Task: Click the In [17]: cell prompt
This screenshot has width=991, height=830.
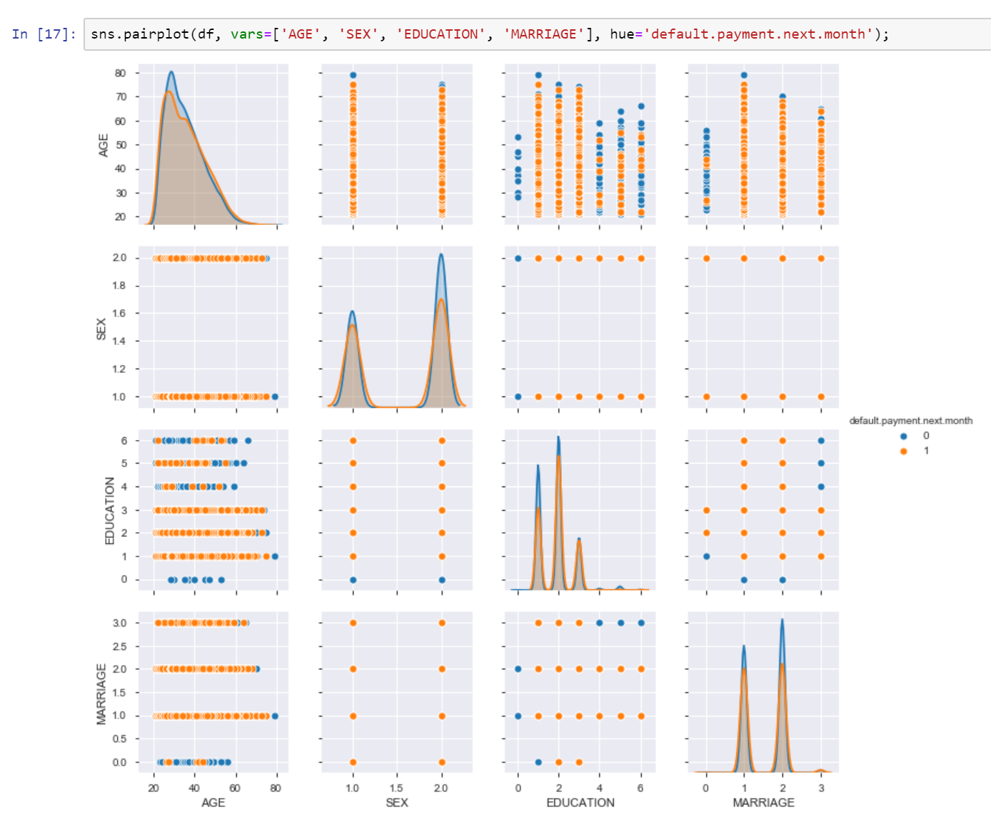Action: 44,34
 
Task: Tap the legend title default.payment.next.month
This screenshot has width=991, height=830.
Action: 910,421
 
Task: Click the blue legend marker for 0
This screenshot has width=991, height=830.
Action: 903,436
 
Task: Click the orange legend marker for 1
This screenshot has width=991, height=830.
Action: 903,451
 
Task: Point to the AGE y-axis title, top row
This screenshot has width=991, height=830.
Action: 104,145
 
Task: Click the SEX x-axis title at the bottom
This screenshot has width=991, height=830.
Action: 397,803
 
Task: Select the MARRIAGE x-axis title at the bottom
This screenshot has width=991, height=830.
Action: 763,803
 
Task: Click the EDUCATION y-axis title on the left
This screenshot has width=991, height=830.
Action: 110,510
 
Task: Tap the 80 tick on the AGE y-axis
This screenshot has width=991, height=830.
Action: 120,73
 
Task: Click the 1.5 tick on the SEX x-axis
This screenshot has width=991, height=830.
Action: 397,788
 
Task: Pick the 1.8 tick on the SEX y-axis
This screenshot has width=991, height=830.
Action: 119,286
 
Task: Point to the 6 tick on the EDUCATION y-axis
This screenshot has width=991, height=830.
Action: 124,441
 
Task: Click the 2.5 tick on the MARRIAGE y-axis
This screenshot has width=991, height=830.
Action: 119,646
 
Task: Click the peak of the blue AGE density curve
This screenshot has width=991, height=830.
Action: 171,72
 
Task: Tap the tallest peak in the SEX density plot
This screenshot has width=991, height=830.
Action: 441,254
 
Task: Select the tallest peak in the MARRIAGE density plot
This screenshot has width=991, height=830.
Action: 783,619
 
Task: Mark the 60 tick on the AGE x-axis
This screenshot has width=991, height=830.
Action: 235,788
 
